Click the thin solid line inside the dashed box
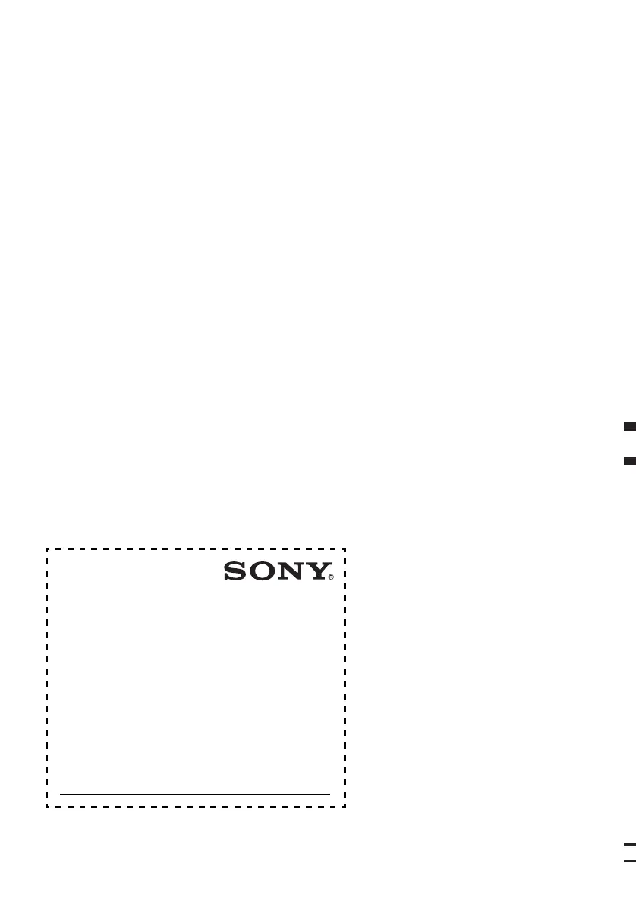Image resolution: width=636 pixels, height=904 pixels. point(195,794)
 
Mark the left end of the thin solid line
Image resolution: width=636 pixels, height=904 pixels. point(61,794)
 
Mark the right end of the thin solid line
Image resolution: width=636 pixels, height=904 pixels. point(329,794)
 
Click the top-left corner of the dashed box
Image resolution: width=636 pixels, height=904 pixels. point(46,548)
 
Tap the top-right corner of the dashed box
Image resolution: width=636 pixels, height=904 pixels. point(345,548)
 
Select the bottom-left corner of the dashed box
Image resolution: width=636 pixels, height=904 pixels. point(46,807)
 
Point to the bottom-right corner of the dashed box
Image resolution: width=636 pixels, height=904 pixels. point(345,807)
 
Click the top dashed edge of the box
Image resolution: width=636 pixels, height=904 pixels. point(196,548)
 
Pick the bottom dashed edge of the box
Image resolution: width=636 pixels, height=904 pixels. point(196,807)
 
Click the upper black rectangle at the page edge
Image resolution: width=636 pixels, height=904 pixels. point(629,428)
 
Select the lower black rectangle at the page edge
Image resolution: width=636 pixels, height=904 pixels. point(629,460)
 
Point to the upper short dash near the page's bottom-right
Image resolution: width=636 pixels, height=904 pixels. point(629,844)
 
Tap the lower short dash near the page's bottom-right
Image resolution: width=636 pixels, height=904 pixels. point(629,861)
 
